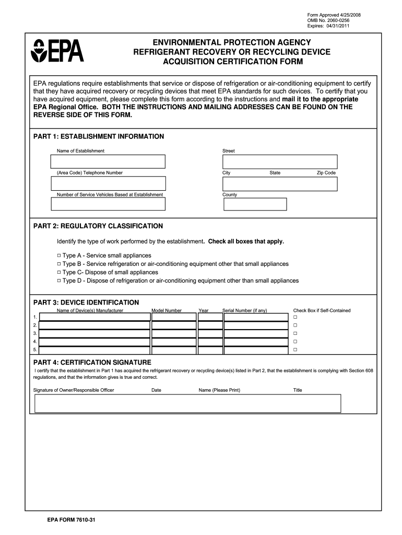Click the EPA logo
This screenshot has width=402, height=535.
57,51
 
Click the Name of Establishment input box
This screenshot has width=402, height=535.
108,161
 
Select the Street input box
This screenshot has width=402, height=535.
280,161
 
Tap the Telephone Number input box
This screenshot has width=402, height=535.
108,183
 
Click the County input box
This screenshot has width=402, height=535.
255,204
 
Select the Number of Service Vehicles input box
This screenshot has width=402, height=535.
108,204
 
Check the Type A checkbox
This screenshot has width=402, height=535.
58,255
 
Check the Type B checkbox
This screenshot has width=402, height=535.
58,264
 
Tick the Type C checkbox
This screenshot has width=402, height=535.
58,272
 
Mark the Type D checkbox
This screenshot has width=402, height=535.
58,281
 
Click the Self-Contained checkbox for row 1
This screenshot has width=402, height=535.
295,317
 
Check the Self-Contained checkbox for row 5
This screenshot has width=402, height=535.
295,349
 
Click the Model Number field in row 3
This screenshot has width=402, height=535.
173,333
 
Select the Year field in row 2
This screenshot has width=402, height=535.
210,325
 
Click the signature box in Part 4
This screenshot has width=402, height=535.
187,403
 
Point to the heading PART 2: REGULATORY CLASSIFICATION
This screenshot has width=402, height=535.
98,226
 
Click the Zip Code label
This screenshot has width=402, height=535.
326,173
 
